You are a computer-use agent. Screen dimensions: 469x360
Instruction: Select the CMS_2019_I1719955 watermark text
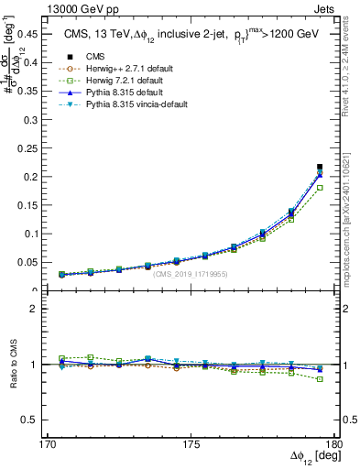191,273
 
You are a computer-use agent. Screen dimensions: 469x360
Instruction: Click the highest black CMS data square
320,167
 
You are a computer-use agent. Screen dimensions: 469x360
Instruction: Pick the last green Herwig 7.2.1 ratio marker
320,378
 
